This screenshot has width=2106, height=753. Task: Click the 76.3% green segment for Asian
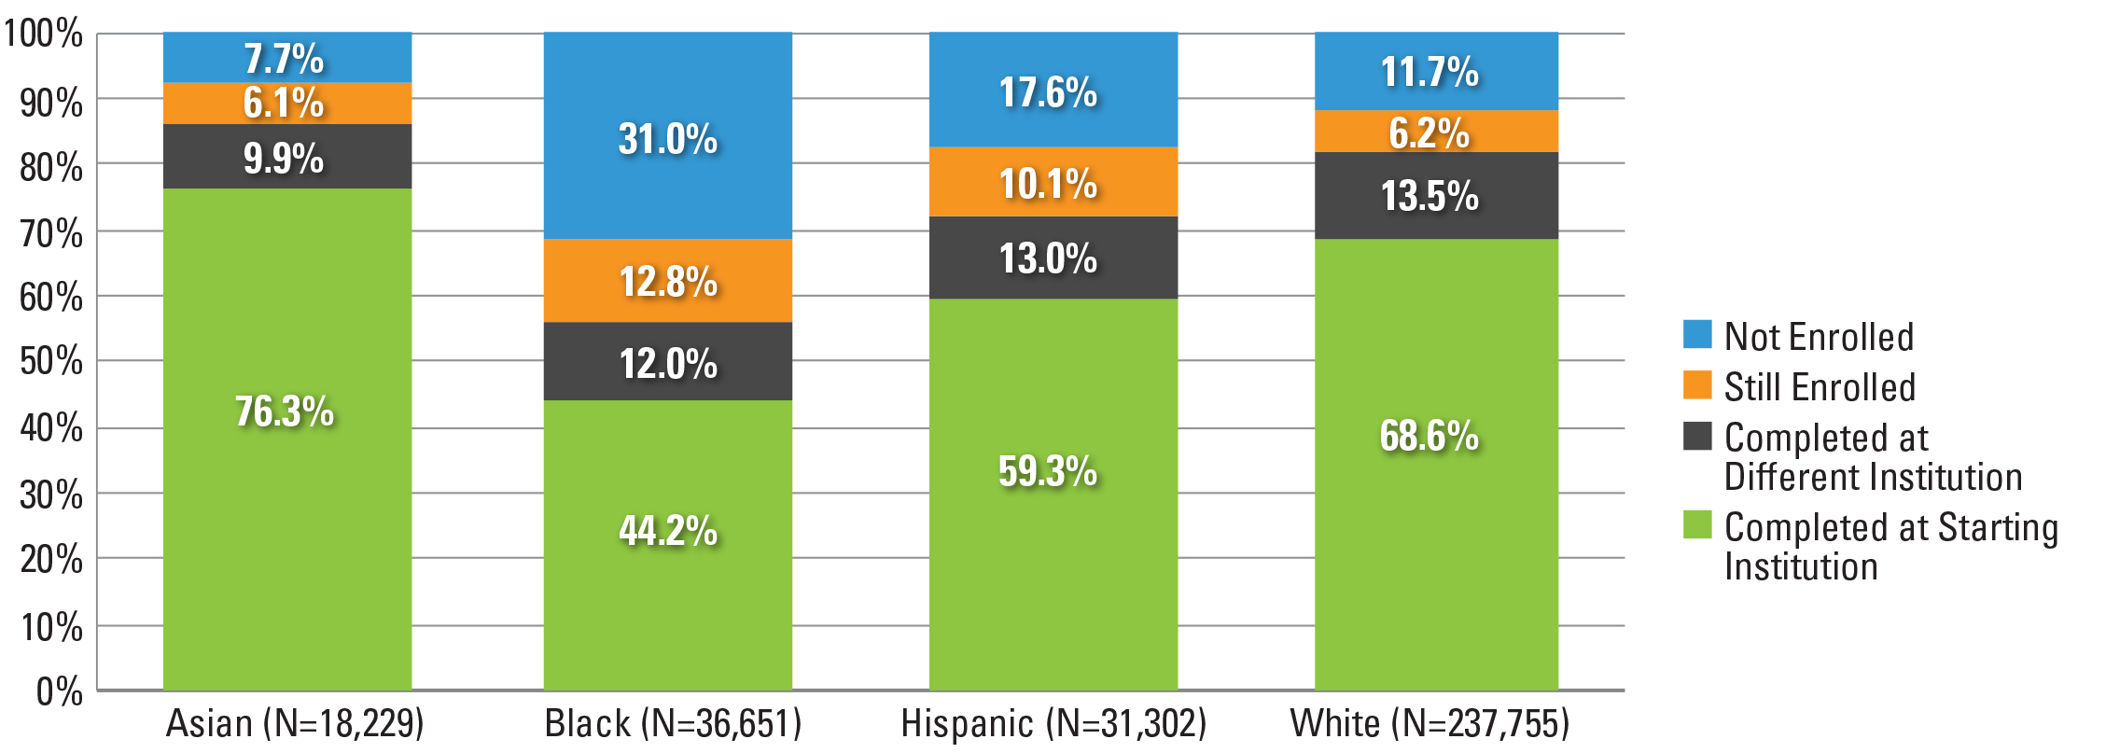click(287, 439)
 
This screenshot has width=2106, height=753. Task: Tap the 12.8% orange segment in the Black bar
click(668, 281)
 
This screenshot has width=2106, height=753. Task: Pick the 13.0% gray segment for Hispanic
click(1053, 258)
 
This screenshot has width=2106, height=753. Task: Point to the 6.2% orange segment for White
click(1436, 132)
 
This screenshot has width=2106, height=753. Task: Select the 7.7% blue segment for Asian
click(287, 58)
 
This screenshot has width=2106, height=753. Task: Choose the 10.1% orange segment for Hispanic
click(1053, 182)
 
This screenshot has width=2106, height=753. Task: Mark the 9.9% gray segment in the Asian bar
click(287, 157)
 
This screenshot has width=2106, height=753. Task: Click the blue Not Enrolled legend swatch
click(1697, 334)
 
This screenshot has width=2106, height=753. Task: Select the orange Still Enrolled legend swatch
click(1697, 384)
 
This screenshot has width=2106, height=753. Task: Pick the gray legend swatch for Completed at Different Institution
click(1697, 436)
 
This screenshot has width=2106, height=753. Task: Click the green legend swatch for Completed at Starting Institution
click(1697, 524)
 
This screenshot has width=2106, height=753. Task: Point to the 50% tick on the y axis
click(51, 361)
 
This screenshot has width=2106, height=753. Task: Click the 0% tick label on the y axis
click(59, 691)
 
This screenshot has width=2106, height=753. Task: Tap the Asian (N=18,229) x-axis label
click(295, 723)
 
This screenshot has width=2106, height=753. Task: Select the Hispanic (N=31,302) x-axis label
click(1053, 723)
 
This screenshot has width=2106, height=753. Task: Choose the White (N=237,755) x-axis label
click(1430, 723)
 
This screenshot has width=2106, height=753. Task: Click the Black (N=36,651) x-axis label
click(673, 723)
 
